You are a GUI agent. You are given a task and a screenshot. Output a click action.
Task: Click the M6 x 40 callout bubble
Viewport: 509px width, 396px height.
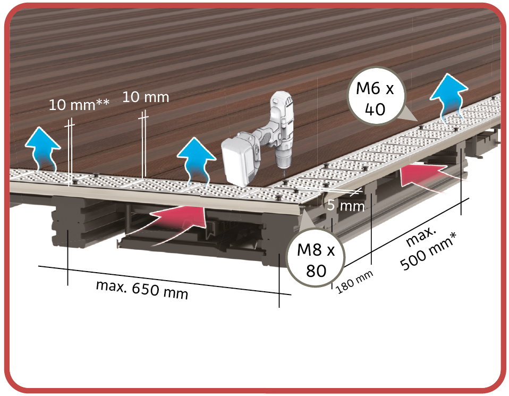[375, 97]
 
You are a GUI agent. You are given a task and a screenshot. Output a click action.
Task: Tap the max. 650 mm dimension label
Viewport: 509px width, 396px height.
[142, 289]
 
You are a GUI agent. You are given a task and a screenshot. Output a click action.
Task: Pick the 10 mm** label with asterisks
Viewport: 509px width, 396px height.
[79, 104]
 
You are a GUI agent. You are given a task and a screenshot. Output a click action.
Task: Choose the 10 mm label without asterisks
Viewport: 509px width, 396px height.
[146, 97]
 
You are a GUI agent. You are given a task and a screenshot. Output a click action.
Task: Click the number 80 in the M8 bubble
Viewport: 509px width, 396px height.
[316, 271]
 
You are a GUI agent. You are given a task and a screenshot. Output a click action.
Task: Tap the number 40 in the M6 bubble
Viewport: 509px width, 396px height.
[375, 109]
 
